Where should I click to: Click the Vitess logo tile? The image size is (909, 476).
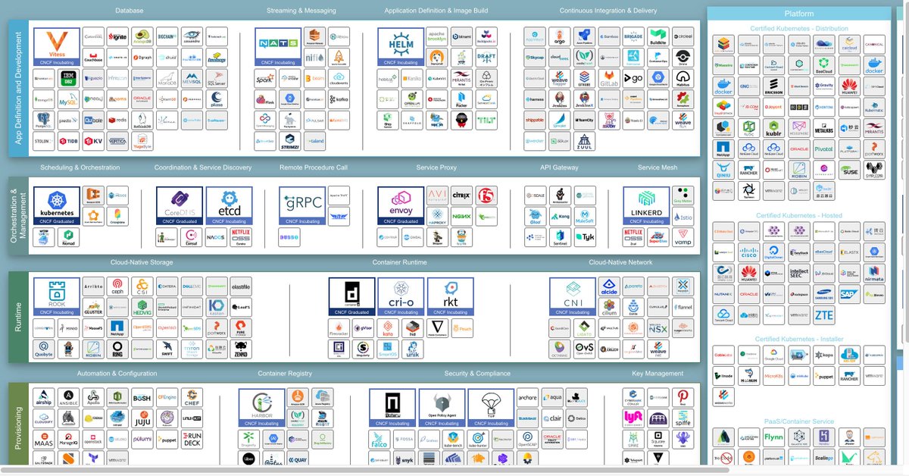(x=56, y=46)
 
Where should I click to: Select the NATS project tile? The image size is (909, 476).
(x=276, y=46)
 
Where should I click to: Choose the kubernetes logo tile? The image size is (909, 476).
(x=56, y=206)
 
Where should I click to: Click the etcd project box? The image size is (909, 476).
(x=228, y=206)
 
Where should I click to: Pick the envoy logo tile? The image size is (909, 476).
(x=400, y=206)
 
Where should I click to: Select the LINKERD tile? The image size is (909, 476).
(x=646, y=206)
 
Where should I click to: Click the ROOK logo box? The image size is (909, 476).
(x=56, y=296)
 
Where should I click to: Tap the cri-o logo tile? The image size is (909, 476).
(x=401, y=296)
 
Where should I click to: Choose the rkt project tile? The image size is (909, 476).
(x=450, y=296)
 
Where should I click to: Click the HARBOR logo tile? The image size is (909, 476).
(x=261, y=408)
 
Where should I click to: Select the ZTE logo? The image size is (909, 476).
(x=823, y=315)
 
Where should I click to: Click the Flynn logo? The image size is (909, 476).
(x=773, y=437)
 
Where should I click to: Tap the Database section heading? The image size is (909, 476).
(x=129, y=11)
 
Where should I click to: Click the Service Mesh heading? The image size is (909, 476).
(x=657, y=168)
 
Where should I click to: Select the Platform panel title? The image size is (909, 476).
(x=799, y=14)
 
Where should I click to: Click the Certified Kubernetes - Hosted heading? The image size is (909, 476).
(x=799, y=216)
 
